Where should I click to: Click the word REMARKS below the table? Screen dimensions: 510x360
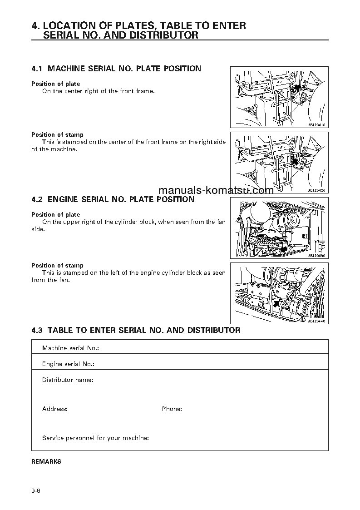[x=46, y=461]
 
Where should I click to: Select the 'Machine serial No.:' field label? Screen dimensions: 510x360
[x=70, y=348]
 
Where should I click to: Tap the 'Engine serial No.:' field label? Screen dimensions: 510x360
[x=68, y=364]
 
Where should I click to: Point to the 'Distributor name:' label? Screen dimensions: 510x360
[x=68, y=380]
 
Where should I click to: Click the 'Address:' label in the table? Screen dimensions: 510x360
[x=54, y=409]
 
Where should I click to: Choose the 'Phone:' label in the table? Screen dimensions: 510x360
[x=172, y=409]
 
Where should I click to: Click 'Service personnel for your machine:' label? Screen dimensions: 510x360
[x=95, y=438]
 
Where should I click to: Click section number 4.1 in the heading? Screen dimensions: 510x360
[x=37, y=69]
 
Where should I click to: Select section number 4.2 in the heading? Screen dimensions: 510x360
[x=37, y=199]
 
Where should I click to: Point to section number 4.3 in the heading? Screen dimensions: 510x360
[x=37, y=330]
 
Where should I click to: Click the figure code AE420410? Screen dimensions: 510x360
[x=317, y=125]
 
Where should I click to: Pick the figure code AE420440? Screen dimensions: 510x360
[x=317, y=321]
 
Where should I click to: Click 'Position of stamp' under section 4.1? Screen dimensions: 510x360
[x=57, y=134]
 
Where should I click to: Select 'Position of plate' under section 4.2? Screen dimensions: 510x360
[x=55, y=214]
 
